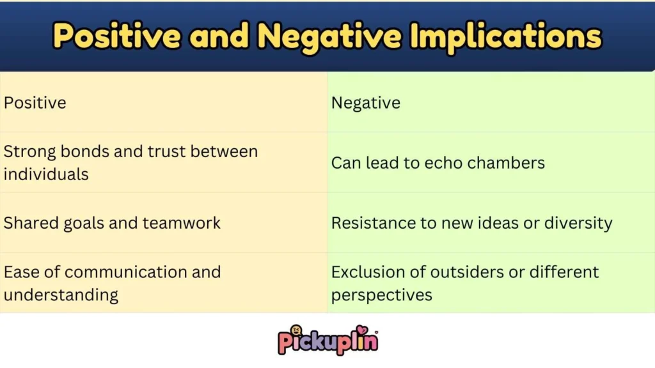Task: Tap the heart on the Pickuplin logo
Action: point(362,330)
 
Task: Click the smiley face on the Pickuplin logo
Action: point(296,330)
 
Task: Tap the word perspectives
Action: point(381,295)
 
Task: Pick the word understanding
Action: point(61,295)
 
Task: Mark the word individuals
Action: point(46,174)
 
